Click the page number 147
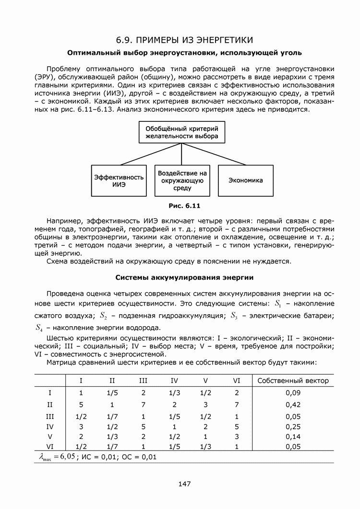tap(184, 484)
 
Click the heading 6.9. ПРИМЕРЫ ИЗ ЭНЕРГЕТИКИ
tap(184, 39)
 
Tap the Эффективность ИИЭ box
tap(119, 181)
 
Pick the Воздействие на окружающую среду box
tap(182, 181)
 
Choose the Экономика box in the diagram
tap(245, 181)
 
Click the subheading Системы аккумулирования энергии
tap(184, 278)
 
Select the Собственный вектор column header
tap(293, 381)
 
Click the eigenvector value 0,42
tap(293, 404)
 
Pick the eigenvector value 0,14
tap(293, 437)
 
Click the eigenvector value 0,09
tap(293, 393)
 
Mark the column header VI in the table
tap(237, 381)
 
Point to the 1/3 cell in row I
tap(174, 393)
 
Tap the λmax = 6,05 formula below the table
tap(57, 456)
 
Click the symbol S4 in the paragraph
tap(40, 328)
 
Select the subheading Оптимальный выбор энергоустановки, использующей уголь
tap(184, 52)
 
